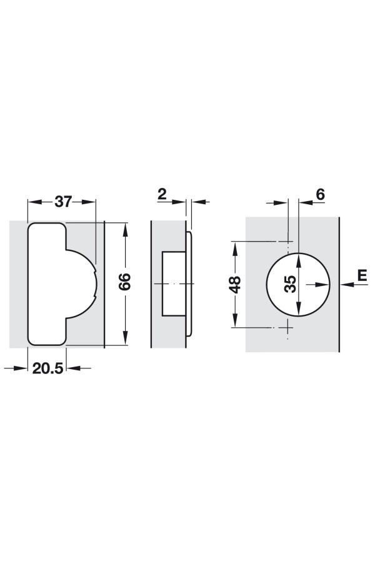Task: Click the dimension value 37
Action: pyautogui.click(x=64, y=202)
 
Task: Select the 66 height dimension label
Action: pyautogui.click(x=125, y=282)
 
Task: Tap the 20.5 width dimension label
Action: pyautogui.click(x=47, y=368)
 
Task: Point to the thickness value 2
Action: pyautogui.click(x=162, y=195)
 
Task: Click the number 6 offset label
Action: pyautogui.click(x=321, y=194)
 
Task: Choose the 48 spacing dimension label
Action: pyautogui.click(x=236, y=284)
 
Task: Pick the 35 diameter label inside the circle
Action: pyautogui.click(x=291, y=284)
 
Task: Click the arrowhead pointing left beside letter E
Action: pyautogui.click(x=347, y=285)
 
